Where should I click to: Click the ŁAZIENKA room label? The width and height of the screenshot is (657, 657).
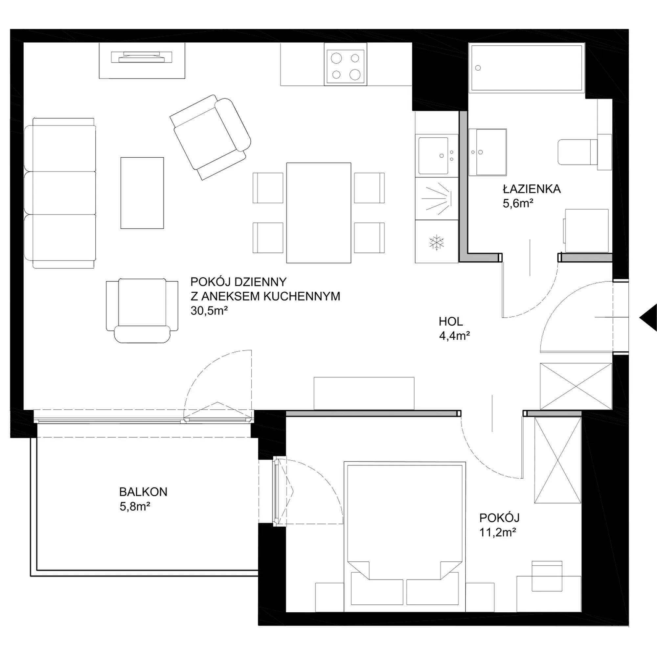pyautogui.click(x=532, y=189)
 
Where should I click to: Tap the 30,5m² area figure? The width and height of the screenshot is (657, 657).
pyautogui.click(x=209, y=311)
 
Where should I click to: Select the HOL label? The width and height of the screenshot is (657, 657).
pyautogui.click(x=451, y=321)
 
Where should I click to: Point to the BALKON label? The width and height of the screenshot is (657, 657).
pyautogui.click(x=143, y=492)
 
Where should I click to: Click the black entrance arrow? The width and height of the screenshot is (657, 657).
pyautogui.click(x=648, y=317)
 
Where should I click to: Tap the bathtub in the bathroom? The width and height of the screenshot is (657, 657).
pyautogui.click(x=527, y=68)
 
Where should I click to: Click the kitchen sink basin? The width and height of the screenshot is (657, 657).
pyautogui.click(x=433, y=155)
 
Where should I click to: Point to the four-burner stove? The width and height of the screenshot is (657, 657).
pyautogui.click(x=346, y=64)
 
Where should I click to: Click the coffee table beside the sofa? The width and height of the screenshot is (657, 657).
pyautogui.click(x=142, y=193)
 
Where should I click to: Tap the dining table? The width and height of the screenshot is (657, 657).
pyautogui.click(x=319, y=213)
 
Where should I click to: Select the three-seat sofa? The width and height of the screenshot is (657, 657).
pyautogui.click(x=60, y=193)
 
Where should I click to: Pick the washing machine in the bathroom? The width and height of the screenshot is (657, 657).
pyautogui.click(x=586, y=231)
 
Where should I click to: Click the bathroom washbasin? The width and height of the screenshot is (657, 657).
pyautogui.click(x=487, y=152)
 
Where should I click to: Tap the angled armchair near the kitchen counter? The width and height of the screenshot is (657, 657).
pyautogui.click(x=210, y=137)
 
